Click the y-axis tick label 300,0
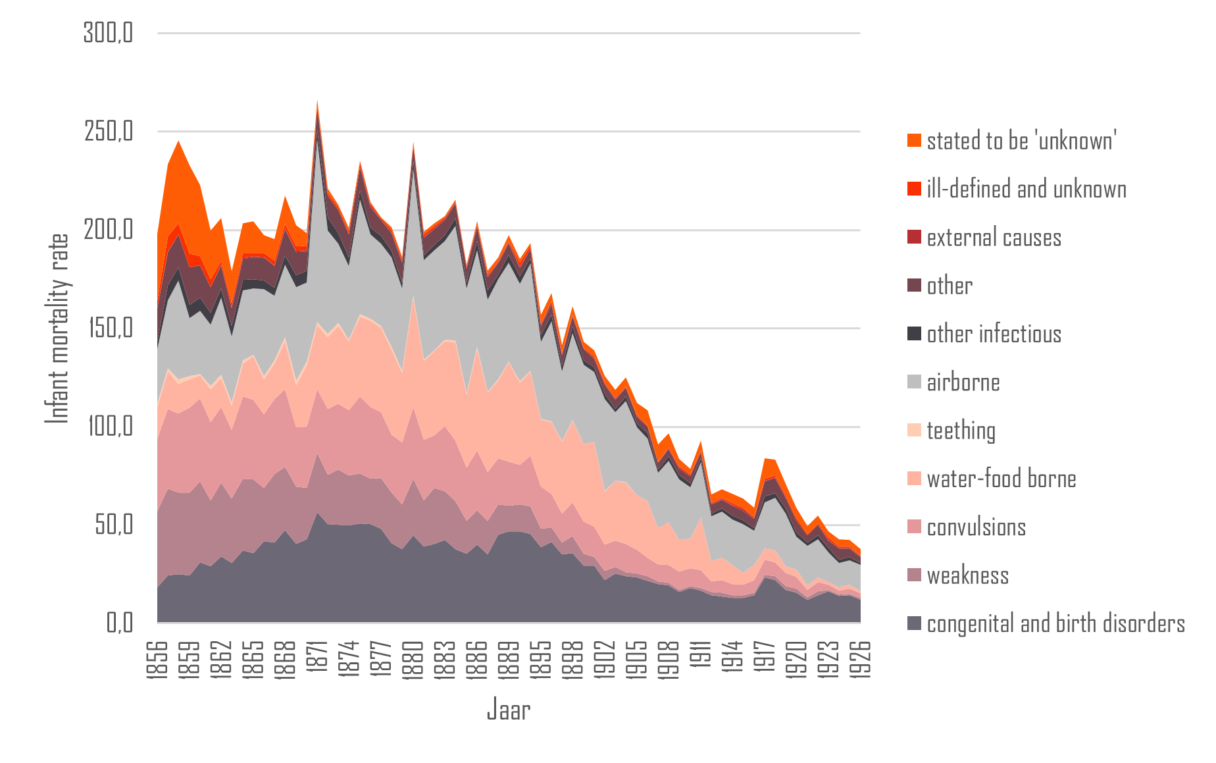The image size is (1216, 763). pos(108,32)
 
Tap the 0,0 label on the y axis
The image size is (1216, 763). pos(119,622)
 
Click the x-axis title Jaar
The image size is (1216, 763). pos(508,710)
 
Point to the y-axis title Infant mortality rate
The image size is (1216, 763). pos(58,329)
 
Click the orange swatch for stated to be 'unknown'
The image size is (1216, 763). pos(914,140)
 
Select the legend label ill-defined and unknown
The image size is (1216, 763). pos(1026,189)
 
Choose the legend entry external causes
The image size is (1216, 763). pos(994,238)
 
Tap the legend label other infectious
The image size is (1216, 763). pos(994,334)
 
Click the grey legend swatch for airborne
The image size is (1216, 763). pos(914,382)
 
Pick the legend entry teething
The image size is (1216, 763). pos(961,431)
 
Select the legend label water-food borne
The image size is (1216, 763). pos(1001,479)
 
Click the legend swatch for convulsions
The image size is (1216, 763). pos(914,527)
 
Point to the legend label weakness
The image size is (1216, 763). pos(967,575)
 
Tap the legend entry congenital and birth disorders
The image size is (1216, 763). pos(1055,623)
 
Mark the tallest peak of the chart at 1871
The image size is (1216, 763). pos(318,101)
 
